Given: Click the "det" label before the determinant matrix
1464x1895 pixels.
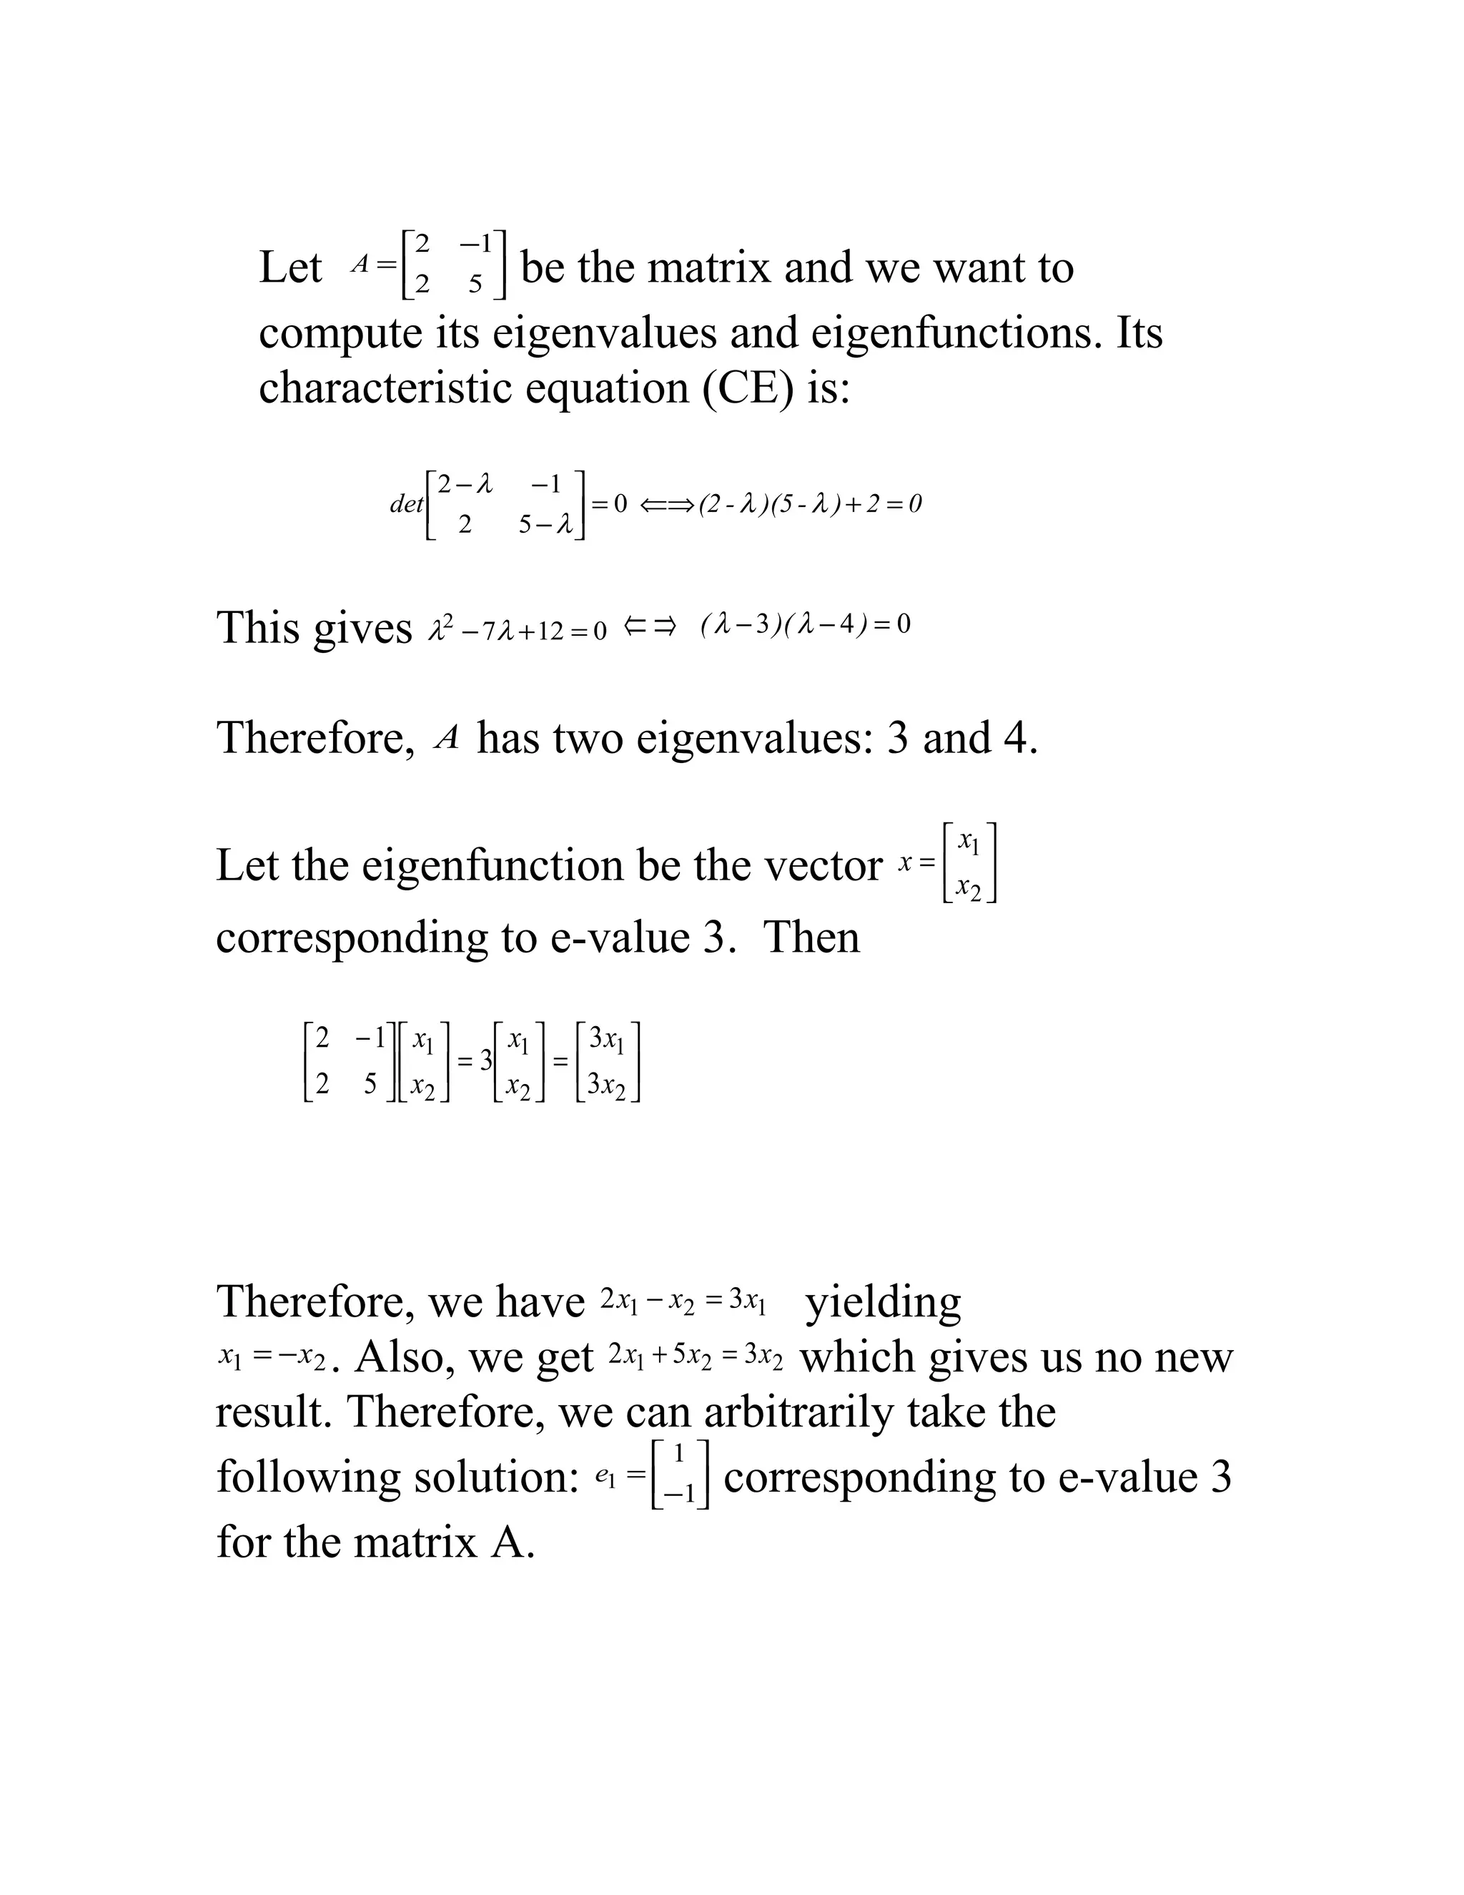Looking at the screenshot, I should pos(406,504).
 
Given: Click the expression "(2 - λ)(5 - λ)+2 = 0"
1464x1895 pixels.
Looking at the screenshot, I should pos(810,504).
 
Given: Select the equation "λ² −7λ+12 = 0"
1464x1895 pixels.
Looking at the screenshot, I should pos(518,630).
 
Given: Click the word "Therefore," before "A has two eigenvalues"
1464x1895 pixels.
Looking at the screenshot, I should pos(316,739).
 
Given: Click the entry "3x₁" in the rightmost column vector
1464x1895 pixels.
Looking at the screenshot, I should pos(606,1038).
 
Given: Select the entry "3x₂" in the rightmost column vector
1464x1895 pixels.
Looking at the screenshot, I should pos(606,1085).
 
